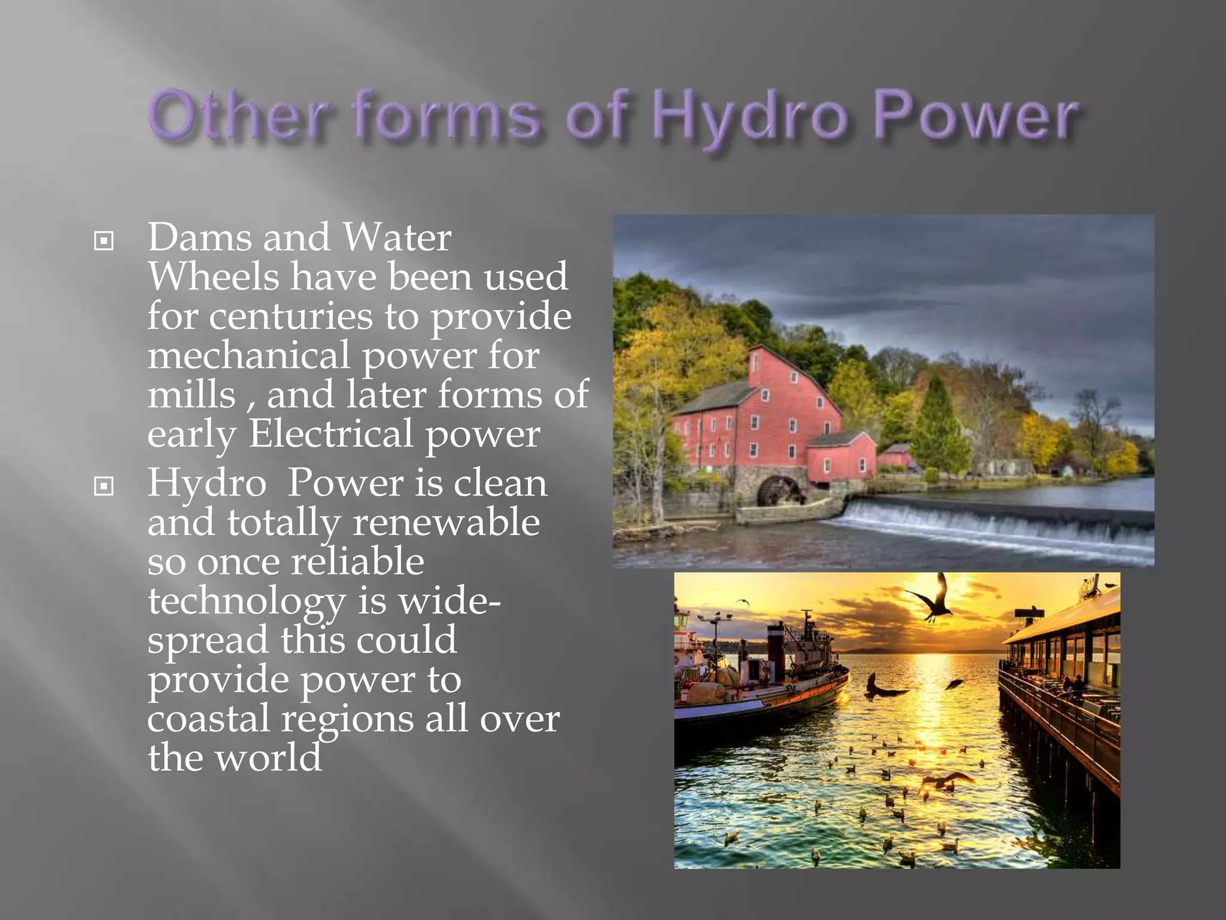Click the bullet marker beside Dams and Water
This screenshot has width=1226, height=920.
pyautogui.click(x=104, y=241)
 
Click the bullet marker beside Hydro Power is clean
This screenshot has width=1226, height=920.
pyautogui.click(x=104, y=486)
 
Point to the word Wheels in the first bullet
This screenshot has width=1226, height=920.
pyautogui.click(x=213, y=277)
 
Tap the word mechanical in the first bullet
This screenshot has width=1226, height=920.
pyautogui.click(x=248, y=355)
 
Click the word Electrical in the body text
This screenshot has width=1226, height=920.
pyautogui.click(x=330, y=434)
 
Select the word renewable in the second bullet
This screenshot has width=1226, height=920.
pyautogui.click(x=446, y=522)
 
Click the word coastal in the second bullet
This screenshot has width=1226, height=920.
pyautogui.click(x=208, y=719)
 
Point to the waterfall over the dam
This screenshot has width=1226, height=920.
pyautogui.click(x=988, y=521)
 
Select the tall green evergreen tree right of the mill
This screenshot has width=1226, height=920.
pyautogui.click(x=937, y=425)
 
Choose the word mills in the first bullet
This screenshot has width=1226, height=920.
pyautogui.click(x=192, y=395)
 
